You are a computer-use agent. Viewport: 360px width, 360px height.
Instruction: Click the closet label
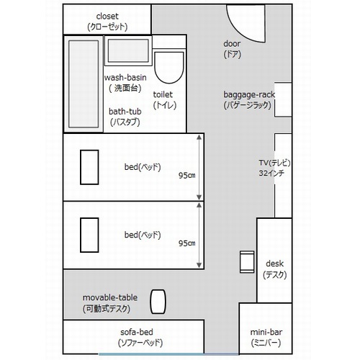107,22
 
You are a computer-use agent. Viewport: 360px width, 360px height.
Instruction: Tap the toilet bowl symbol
169,68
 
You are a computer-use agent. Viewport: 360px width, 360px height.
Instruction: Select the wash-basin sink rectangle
128,51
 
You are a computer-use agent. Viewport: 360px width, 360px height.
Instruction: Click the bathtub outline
84,84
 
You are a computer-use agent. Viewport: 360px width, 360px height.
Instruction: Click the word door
232,44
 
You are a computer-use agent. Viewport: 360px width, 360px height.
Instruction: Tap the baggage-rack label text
249,100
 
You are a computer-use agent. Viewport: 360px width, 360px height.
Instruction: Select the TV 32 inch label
274,168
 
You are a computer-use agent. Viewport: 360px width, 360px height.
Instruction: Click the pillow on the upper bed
89,167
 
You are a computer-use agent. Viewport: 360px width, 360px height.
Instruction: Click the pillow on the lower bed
89,235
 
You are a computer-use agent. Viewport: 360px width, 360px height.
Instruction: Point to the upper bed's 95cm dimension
186,176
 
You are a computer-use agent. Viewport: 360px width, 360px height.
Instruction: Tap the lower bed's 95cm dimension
186,243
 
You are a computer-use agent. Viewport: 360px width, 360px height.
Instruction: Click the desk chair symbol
247,262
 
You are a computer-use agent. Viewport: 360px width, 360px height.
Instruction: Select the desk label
275,269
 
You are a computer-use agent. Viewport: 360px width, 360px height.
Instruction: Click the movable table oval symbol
158,302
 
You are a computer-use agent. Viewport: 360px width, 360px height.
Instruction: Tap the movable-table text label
110,303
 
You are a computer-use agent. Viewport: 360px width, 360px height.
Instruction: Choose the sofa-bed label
140,338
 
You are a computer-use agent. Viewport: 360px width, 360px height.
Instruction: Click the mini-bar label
266,338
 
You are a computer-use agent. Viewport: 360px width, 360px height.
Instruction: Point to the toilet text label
165,100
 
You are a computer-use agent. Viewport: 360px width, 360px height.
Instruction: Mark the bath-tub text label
125,117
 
